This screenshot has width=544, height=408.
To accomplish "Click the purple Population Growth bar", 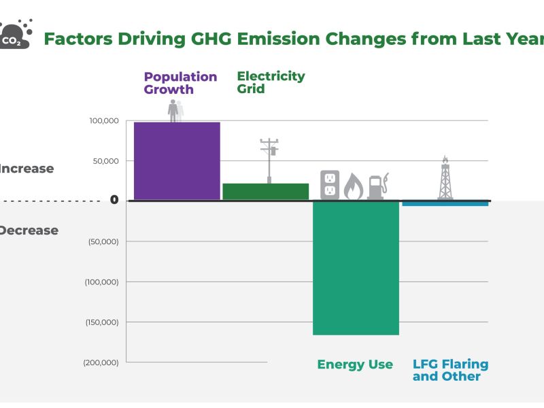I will [177, 161].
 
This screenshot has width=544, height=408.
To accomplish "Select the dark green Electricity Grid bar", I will [265, 191].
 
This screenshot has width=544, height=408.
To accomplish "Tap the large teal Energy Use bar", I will [356, 268].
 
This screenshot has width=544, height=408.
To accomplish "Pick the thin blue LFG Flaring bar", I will [445, 203].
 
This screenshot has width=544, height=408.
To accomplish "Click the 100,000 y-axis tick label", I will [104, 121].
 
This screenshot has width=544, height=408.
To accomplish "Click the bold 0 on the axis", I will [114, 200].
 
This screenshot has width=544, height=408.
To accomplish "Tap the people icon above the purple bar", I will [175, 111].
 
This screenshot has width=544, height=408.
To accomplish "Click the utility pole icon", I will [270, 160].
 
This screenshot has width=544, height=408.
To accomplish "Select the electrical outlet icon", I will [330, 184].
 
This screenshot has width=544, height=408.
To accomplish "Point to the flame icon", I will [353, 186].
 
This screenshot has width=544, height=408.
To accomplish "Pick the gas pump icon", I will [376, 186].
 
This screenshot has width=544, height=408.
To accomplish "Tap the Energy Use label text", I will [355, 364].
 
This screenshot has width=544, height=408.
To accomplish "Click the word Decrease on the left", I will [29, 231].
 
